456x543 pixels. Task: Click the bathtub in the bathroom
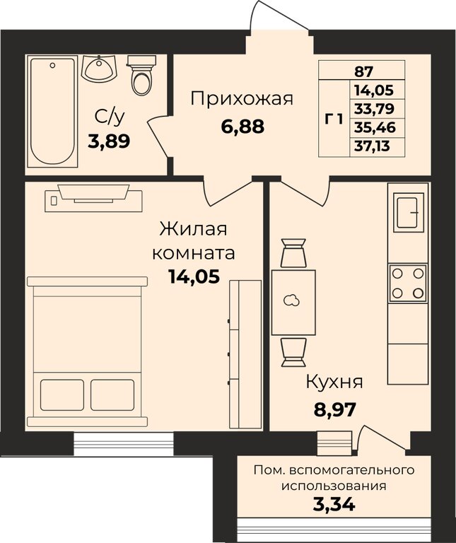(x=52, y=112)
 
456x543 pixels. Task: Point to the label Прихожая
(x=241, y=98)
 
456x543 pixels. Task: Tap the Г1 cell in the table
(x=334, y=119)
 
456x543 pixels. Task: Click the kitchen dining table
(x=293, y=301)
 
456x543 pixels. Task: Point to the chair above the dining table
(x=293, y=253)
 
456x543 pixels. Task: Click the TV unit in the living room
(x=93, y=193)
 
